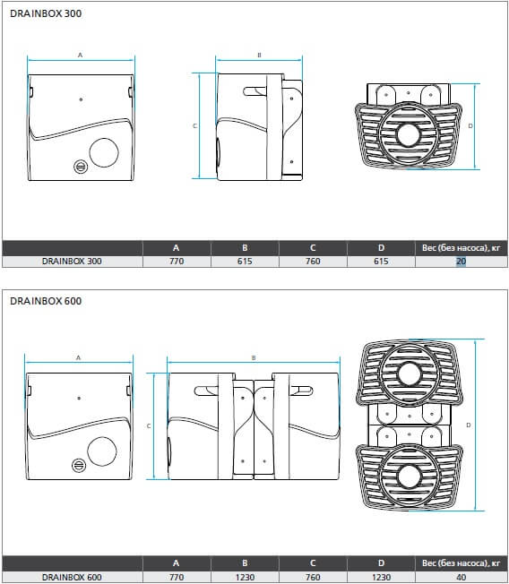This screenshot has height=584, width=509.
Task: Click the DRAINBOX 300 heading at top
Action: pyautogui.click(x=46, y=13)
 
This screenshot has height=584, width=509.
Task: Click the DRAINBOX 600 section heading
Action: pyautogui.click(x=46, y=301)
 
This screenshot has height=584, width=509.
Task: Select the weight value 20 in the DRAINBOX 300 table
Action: pyautogui.click(x=461, y=261)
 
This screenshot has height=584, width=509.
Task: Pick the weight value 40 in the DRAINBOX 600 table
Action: pyautogui.click(x=461, y=577)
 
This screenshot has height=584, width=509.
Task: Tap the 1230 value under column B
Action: pyautogui.click(x=245, y=577)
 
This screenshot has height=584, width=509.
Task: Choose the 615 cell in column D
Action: pyautogui.click(x=381, y=261)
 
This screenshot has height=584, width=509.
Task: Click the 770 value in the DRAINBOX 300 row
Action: pyautogui.click(x=177, y=261)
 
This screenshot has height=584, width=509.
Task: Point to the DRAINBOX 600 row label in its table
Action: pyautogui.click(x=72, y=577)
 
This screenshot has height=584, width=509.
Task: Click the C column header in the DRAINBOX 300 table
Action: pyautogui.click(x=313, y=248)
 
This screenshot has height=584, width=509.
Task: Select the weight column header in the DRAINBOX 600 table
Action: pyautogui.click(x=461, y=563)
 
